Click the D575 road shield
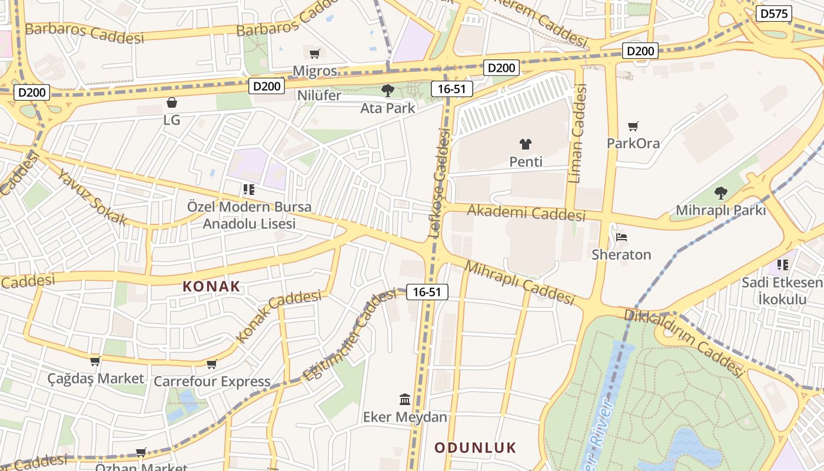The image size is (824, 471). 774,14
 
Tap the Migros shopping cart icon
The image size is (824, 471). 315,54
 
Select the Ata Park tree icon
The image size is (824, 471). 387,91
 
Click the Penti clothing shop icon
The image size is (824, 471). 526,144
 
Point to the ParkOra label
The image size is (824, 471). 633,143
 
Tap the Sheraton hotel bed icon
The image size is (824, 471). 622,237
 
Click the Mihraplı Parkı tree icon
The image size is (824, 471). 720,193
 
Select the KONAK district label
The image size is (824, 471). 211,287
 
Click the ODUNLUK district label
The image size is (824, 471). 475,447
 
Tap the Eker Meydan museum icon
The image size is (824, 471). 405,400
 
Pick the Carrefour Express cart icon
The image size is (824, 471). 212,364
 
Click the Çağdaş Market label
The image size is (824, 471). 96,378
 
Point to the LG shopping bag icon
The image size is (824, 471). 172,102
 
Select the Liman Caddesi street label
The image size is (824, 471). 579,133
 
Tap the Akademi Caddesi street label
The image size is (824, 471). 526,213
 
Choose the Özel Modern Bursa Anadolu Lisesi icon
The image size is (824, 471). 249,190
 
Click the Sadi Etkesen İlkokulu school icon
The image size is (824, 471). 782,264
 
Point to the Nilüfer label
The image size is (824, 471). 319,95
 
